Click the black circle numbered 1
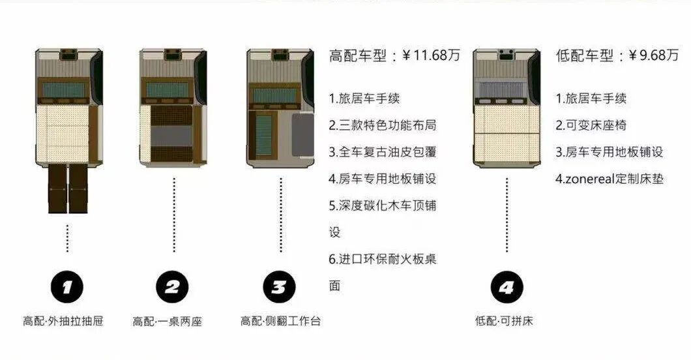(67, 288)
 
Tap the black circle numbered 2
(172, 288)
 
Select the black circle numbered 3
(280, 288)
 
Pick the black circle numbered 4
(507, 288)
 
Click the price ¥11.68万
(431, 55)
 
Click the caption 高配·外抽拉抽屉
(63, 321)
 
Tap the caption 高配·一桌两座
(167, 322)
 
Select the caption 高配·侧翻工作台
(281, 321)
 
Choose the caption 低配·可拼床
(504, 321)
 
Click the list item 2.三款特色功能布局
(383, 125)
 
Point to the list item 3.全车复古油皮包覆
(383, 152)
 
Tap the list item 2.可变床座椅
(591, 125)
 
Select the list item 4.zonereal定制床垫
(610, 179)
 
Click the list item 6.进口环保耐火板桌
(383, 259)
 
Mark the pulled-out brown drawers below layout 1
(68, 188)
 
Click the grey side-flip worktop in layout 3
(302, 135)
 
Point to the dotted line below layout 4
(507, 215)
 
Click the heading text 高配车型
(358, 55)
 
